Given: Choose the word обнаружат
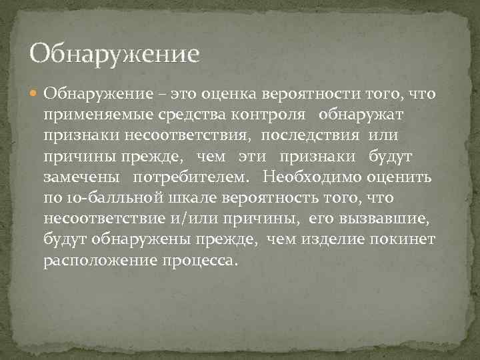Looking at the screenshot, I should pyautogui.click(x=361, y=115).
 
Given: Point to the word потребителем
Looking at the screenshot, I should pyautogui.click(x=191, y=178).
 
